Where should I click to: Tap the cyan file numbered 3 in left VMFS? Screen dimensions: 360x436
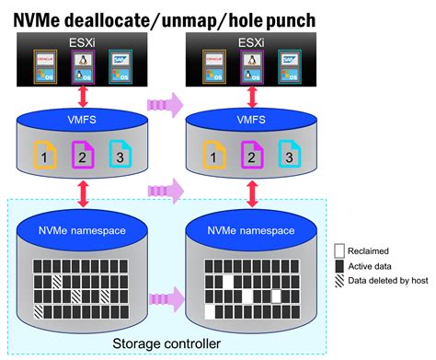[x=120, y=155]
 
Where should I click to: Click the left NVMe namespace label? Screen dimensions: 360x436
[x=84, y=230]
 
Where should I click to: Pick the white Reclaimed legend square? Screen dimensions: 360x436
[x=338, y=250]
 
